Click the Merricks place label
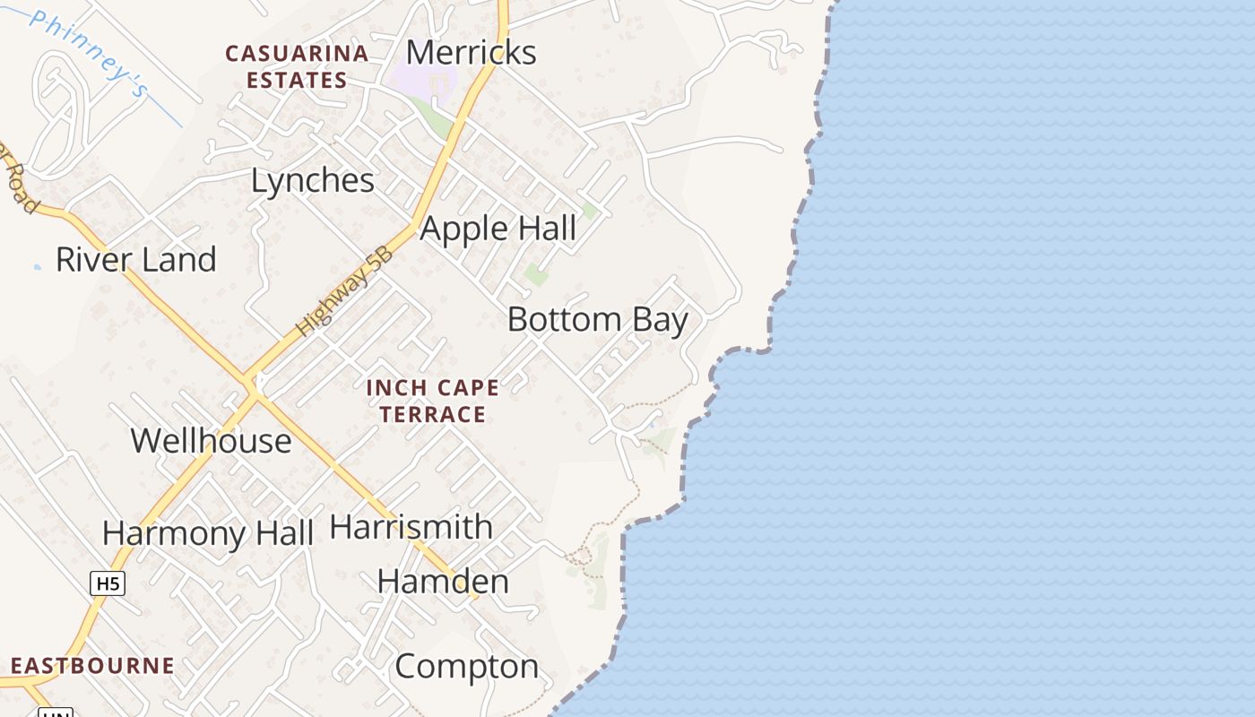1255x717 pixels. tap(471, 52)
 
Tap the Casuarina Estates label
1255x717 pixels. tap(297, 66)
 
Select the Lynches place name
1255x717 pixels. tap(312, 181)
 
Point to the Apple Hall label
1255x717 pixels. tap(498, 229)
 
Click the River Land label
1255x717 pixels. tap(136, 260)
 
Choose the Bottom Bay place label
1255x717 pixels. tap(598, 319)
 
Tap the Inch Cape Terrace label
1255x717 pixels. tap(433, 401)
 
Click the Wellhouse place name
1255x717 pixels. tap(212, 441)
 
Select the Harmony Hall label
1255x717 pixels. tap(208, 533)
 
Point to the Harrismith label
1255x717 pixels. tap(411, 527)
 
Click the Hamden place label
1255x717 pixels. tap(443, 582)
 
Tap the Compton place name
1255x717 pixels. tap(467, 667)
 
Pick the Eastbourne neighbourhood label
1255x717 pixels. tap(92, 666)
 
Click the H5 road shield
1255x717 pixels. tap(108, 583)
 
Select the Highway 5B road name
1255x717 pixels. tap(346, 291)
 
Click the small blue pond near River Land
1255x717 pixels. tap(37, 266)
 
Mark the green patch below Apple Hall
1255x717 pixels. tap(536, 274)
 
